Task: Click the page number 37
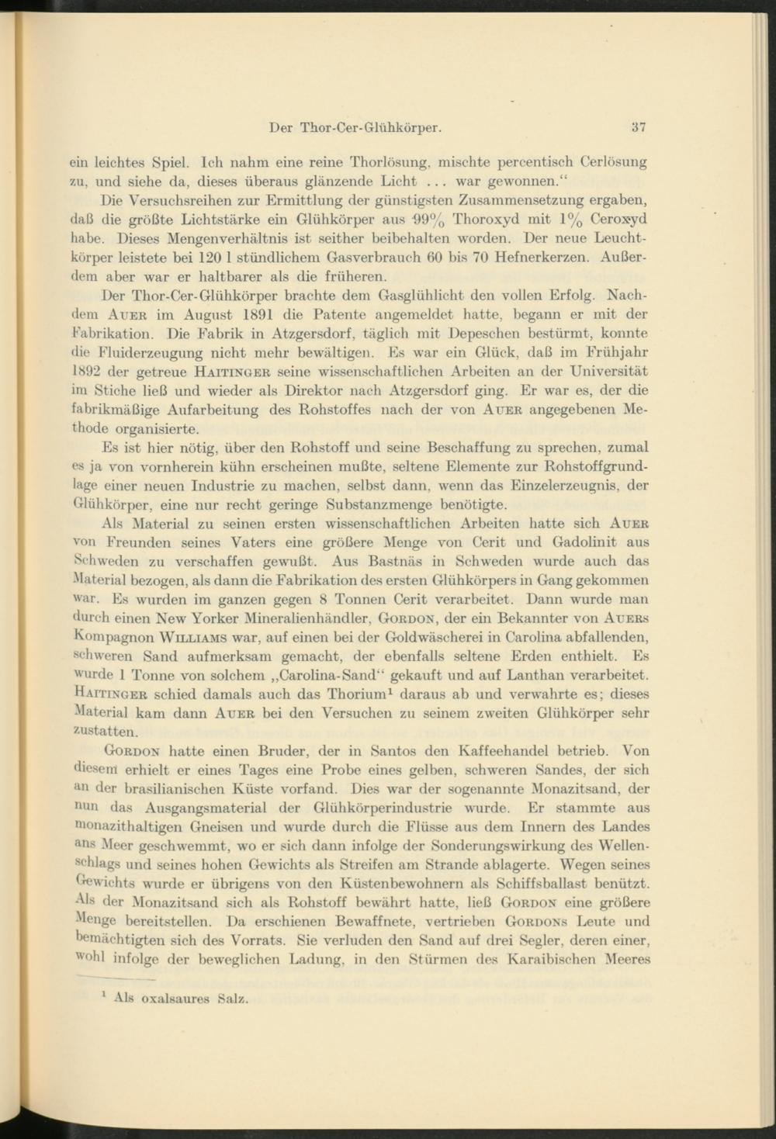(x=639, y=126)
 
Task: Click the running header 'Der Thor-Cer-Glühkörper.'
(x=355, y=126)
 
